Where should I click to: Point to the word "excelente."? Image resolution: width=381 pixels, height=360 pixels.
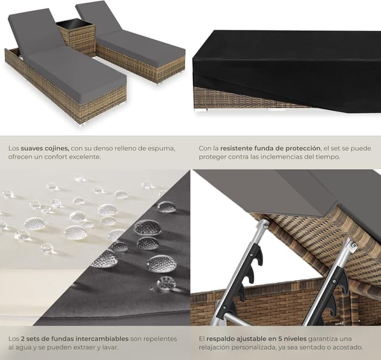[x=85, y=157]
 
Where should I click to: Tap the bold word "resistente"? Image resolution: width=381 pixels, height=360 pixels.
[x=236, y=148]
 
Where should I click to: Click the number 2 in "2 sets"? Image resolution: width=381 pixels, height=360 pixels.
[x=23, y=339]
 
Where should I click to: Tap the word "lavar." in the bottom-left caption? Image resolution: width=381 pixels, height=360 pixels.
[x=111, y=348]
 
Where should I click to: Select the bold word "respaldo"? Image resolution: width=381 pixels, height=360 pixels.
[x=218, y=339]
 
